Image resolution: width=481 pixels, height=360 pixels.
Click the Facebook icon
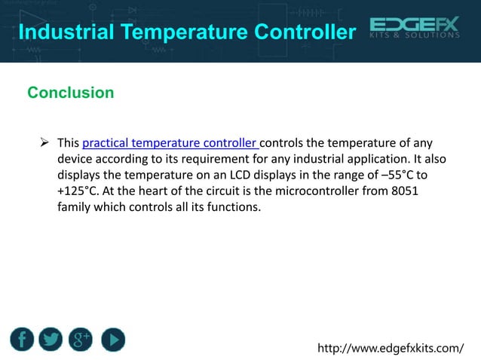[23, 340]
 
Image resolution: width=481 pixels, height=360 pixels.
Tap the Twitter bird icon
[52, 340]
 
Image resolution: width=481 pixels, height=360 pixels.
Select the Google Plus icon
[81, 340]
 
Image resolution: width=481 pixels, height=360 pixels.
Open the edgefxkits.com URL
[391, 348]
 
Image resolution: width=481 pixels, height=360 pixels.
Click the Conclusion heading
[70, 93]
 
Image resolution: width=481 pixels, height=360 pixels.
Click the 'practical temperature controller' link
[170, 143]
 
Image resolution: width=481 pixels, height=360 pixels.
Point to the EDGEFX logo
[414, 26]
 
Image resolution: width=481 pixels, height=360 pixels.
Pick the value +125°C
[78, 191]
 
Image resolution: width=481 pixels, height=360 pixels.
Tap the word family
[76, 207]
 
